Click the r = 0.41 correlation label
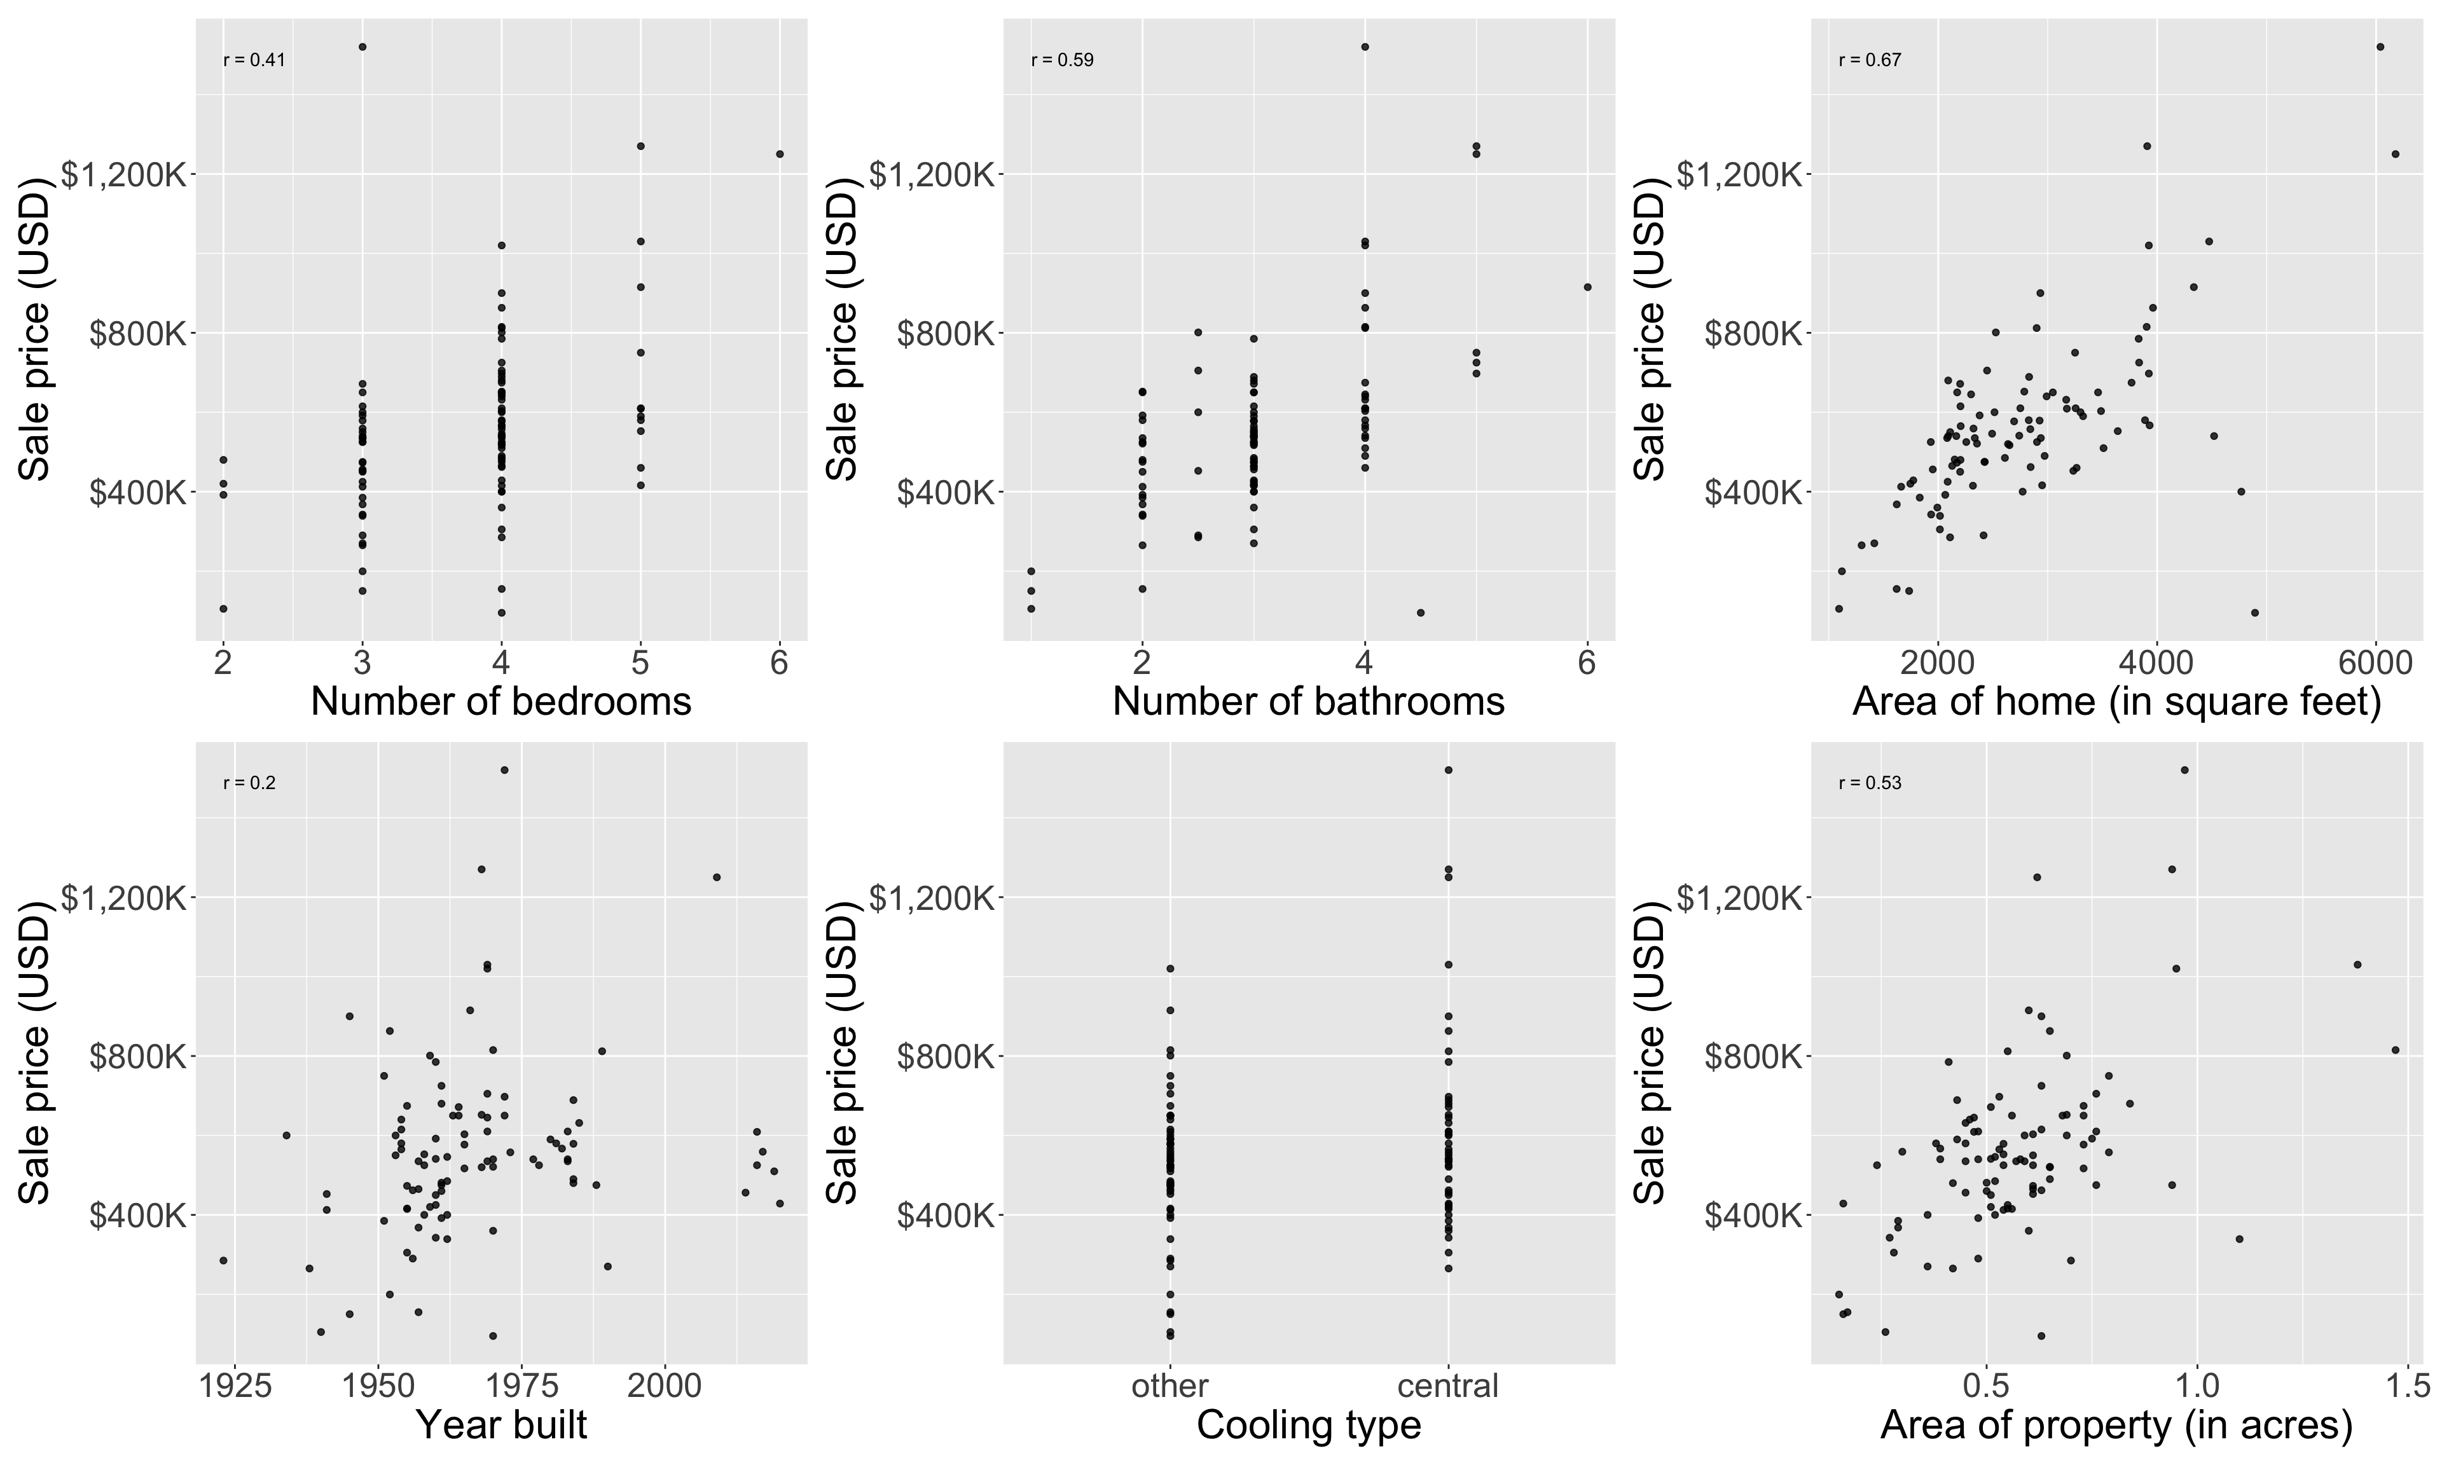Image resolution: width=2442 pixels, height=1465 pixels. pos(254,60)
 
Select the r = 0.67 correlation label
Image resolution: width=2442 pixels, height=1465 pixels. pos(1870,60)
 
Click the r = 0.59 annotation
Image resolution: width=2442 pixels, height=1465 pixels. pos(1062,60)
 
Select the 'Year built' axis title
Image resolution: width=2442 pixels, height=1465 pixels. pos(500,1424)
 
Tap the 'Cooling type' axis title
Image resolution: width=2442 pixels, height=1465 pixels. pos(1309,1424)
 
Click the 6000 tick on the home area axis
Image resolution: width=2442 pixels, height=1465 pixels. pos(2375,663)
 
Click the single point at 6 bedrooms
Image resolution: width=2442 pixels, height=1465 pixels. pos(780,154)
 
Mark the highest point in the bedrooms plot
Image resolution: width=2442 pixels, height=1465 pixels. pos(362,46)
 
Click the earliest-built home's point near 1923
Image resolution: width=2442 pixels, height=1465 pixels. pos(223,1261)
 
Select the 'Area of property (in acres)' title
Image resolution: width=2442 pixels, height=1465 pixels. pos(2116,1424)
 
